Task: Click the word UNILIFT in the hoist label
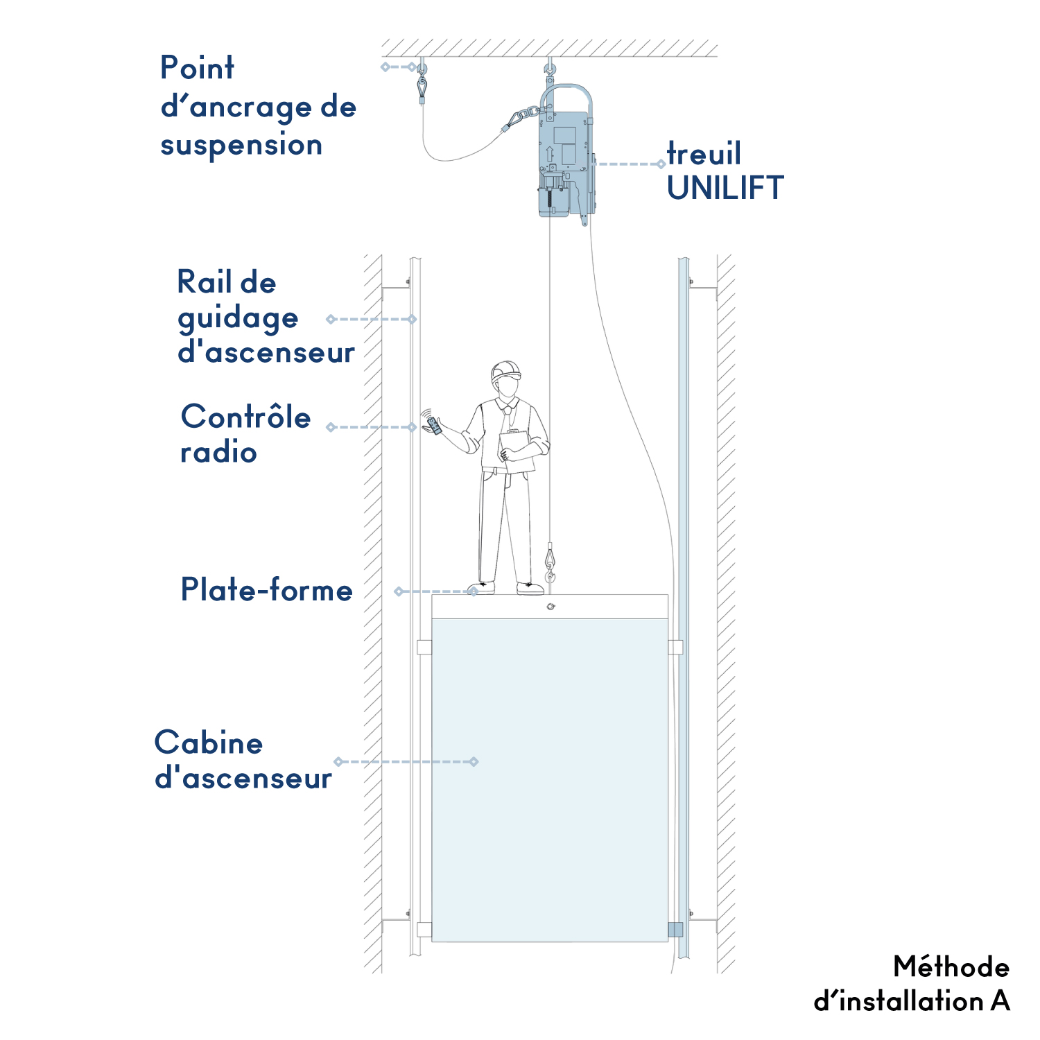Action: click(725, 188)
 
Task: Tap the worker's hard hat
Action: click(505, 371)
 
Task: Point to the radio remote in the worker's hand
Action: click(435, 426)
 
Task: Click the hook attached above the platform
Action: click(551, 562)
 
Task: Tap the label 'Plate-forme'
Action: click(267, 590)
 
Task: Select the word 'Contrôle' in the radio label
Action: click(245, 417)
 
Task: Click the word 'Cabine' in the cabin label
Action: click(209, 743)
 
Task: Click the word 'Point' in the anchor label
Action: click(197, 68)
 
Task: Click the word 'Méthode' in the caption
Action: click(951, 967)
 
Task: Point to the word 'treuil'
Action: click(704, 153)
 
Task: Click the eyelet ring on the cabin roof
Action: click(551, 607)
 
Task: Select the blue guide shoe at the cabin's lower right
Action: click(675, 930)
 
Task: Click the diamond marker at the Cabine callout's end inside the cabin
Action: click(474, 761)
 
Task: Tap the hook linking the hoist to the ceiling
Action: click(550, 71)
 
